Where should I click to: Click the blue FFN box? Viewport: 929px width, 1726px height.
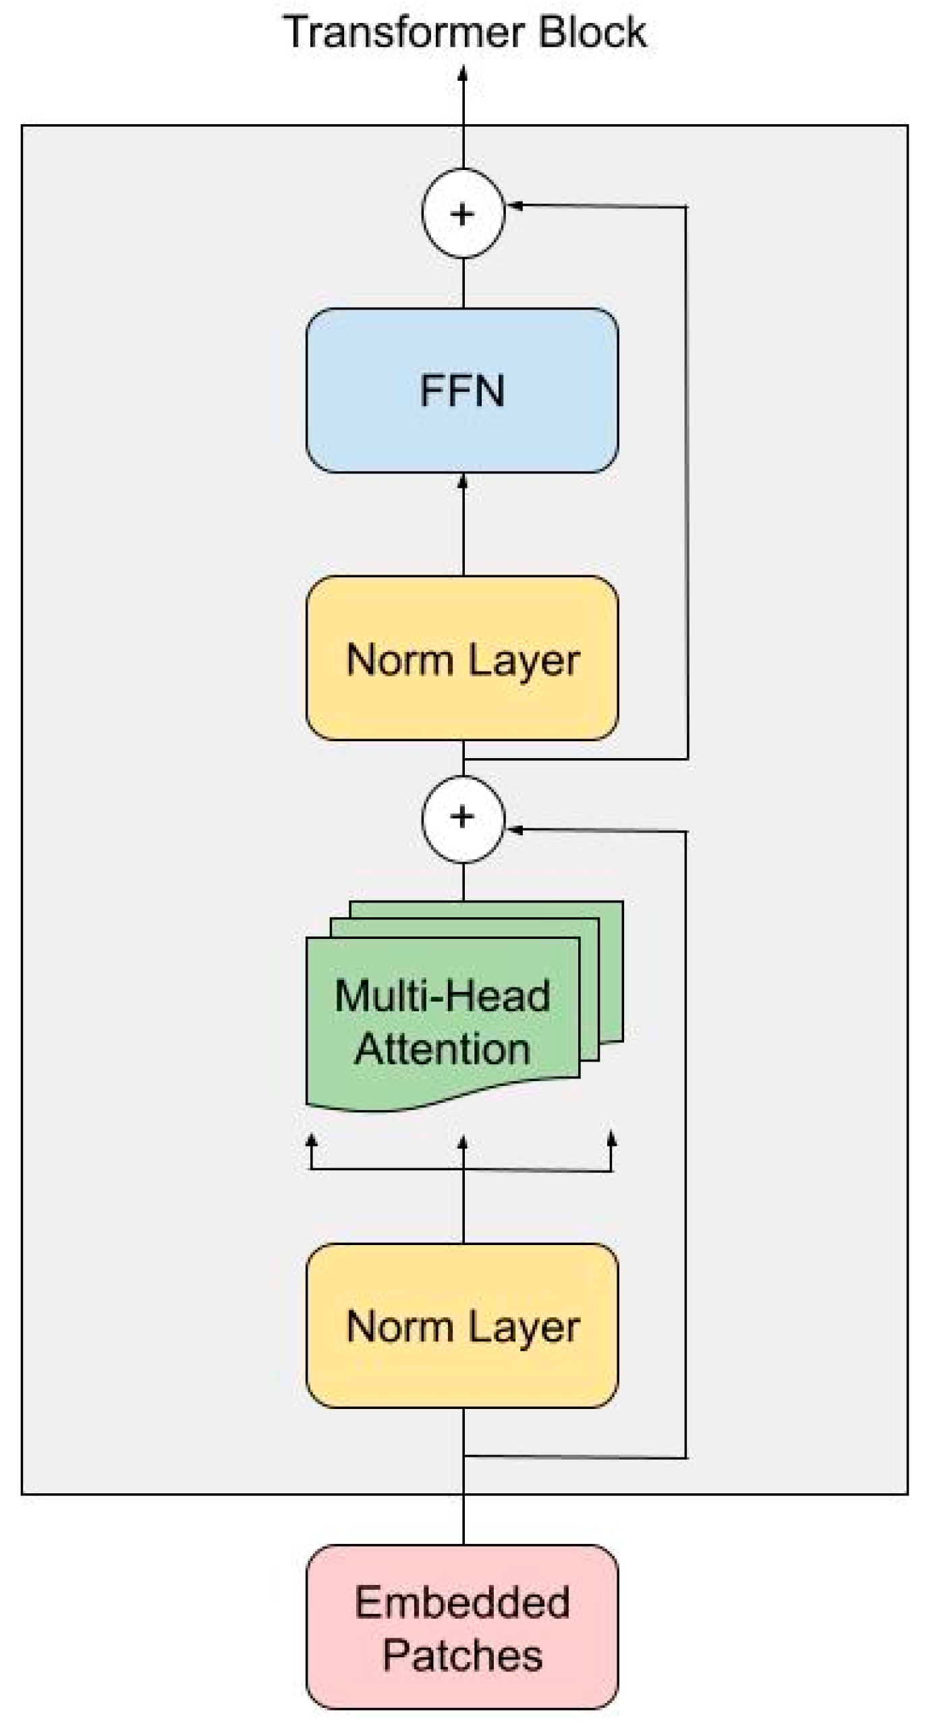[461, 390]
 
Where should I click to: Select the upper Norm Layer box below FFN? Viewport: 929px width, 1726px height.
[461, 658]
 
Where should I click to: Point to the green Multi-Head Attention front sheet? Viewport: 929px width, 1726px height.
[442, 1022]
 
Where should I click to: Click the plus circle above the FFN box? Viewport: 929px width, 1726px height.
[463, 213]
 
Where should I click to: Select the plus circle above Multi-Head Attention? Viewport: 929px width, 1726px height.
[463, 819]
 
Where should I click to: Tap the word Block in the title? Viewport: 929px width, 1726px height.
[592, 32]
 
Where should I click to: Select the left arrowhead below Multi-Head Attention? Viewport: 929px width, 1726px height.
[311, 1140]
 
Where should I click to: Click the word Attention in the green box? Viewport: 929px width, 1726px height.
[442, 1049]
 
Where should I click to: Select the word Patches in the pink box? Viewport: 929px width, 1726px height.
[462, 1655]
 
